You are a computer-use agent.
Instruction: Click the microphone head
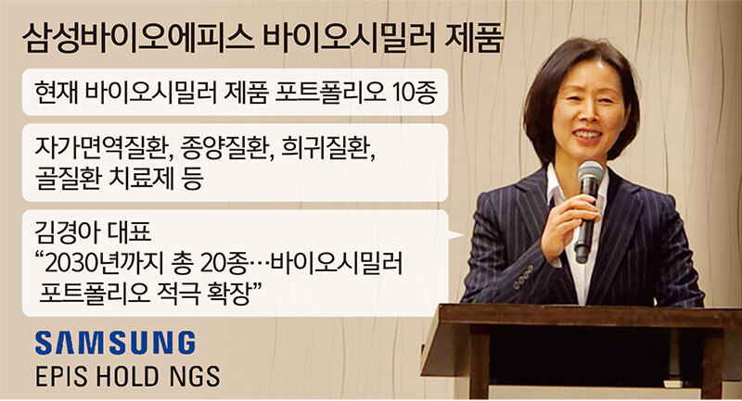tap(590, 175)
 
